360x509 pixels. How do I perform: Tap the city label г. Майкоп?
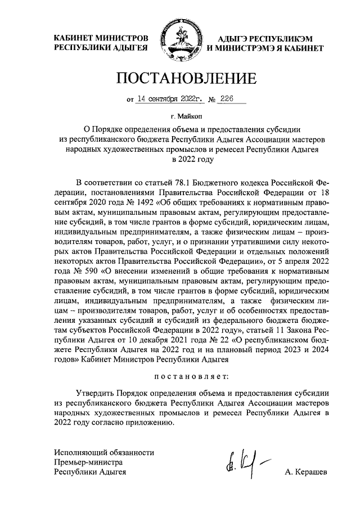coord(179,117)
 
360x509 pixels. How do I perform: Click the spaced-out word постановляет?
coord(179,373)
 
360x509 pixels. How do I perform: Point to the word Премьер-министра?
coord(88,462)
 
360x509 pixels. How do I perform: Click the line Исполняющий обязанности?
coord(103,452)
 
